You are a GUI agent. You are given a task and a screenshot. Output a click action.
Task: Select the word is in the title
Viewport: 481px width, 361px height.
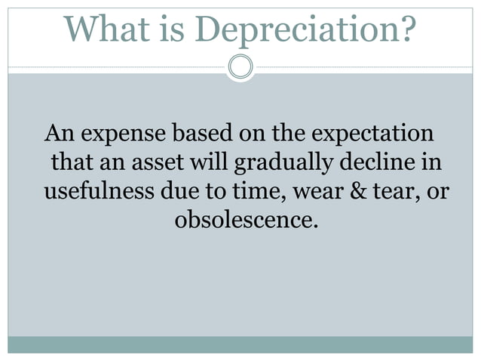pos(175,29)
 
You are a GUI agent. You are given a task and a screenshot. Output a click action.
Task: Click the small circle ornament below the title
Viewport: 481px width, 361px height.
pos(240,66)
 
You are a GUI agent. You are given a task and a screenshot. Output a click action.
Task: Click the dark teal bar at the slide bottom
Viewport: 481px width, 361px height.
pos(240,344)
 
